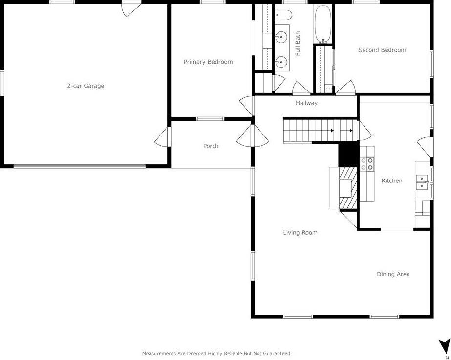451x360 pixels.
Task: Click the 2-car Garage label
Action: click(x=86, y=86)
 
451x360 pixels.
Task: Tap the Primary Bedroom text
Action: click(x=208, y=62)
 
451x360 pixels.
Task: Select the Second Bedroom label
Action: click(x=382, y=50)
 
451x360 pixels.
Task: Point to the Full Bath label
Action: click(x=298, y=44)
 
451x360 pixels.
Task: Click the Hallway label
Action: click(x=306, y=103)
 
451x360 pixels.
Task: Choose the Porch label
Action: click(x=211, y=146)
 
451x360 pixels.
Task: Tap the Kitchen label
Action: click(x=392, y=181)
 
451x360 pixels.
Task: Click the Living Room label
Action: click(x=300, y=233)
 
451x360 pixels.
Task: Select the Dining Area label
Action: click(x=393, y=274)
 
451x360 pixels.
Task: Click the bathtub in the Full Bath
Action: click(x=322, y=23)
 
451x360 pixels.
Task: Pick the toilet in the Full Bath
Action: click(x=282, y=16)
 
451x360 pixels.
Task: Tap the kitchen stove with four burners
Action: click(x=367, y=164)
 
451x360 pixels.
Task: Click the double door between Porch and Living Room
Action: click(x=253, y=135)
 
